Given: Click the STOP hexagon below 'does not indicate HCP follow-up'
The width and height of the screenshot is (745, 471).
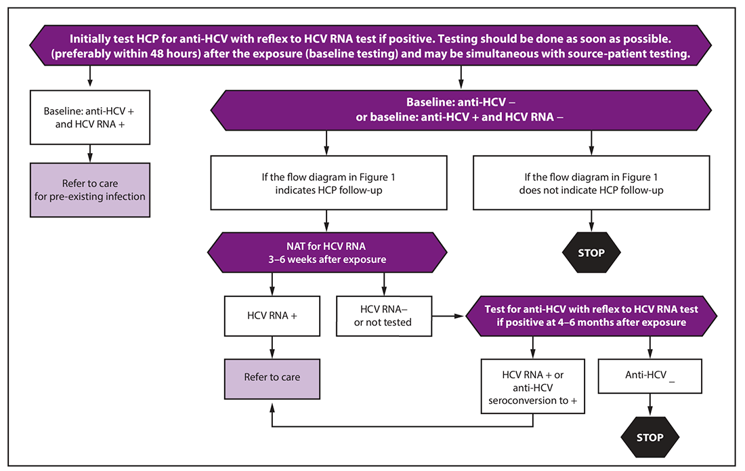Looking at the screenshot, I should click(x=591, y=253).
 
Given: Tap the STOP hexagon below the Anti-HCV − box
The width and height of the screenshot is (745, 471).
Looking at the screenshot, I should click(x=650, y=437).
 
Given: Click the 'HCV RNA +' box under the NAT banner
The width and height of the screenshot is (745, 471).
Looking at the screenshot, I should click(x=272, y=316).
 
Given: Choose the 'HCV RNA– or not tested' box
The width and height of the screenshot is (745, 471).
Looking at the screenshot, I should click(x=384, y=316).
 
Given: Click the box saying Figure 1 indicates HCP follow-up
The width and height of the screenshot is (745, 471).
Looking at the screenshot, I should click(x=328, y=184).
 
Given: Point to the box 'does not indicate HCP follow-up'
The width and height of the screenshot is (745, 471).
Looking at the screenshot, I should click(x=591, y=184).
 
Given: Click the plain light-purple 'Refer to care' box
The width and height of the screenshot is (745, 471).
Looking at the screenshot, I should click(x=272, y=377).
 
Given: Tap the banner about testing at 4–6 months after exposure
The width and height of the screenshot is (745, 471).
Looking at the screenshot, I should click(x=591, y=316).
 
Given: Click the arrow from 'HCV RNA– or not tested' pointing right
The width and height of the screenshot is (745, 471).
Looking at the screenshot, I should click(x=449, y=316).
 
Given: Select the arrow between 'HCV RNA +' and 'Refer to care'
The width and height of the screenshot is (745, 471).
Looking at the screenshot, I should click(x=272, y=346).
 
